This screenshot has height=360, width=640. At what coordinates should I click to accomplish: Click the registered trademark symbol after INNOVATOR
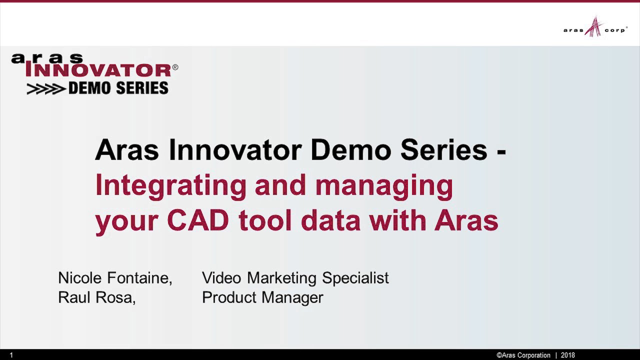tap(175, 67)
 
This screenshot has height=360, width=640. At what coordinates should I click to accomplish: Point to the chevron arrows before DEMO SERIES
tap(46, 89)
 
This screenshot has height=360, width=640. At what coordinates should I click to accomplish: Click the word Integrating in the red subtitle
tap(170, 185)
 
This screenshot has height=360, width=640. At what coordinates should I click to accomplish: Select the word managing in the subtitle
tap(383, 185)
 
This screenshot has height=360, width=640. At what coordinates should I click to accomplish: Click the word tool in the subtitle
tap(264, 220)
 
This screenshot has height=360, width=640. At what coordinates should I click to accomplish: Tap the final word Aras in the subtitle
tap(466, 220)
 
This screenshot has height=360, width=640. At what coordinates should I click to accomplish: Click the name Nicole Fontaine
tap(115, 278)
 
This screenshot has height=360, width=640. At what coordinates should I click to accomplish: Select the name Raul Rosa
tap(96, 297)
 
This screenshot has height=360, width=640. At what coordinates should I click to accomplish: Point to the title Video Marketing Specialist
tap(295, 278)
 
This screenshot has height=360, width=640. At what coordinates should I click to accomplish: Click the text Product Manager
tap(262, 297)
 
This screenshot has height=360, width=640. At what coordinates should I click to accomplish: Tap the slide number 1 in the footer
tap(11, 355)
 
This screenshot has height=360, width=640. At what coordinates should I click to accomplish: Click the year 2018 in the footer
tap(567, 355)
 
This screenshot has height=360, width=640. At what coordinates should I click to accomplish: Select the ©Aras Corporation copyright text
tap(523, 355)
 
